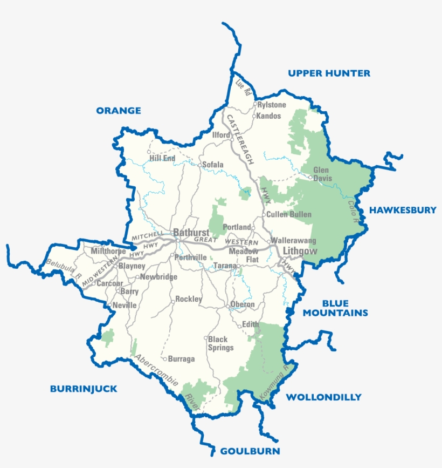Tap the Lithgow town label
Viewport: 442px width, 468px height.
297,252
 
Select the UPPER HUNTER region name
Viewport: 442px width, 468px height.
329,73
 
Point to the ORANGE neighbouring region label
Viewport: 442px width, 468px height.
119,111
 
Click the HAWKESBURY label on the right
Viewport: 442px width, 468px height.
403,210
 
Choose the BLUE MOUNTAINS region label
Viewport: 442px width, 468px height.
335,308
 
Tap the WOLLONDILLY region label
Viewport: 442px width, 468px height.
323,397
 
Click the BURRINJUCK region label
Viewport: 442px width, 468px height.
84,389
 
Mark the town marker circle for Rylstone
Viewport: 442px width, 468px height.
255,104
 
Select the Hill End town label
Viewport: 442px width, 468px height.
162,158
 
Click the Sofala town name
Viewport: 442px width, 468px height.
212,165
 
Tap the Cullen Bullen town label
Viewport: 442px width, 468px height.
289,214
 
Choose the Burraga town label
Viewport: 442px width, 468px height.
182,358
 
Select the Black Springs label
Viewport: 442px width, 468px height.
221,343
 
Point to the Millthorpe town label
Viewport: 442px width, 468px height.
108,252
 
